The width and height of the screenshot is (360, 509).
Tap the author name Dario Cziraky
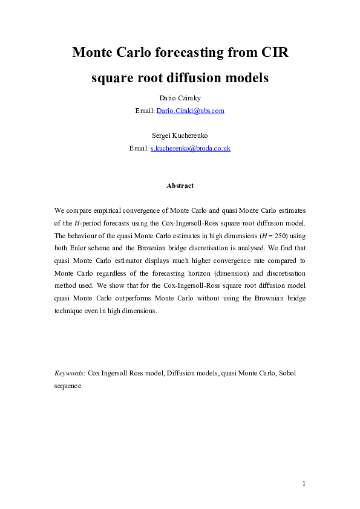click(x=180, y=99)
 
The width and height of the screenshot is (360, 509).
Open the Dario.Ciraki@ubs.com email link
click(x=191, y=111)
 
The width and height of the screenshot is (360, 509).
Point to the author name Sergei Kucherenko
click(x=180, y=136)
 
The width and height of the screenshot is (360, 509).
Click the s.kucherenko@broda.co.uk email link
click(x=190, y=148)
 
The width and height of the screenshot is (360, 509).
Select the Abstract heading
click(x=180, y=186)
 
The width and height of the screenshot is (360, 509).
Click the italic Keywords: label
click(x=70, y=374)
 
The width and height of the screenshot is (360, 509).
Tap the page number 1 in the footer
click(x=305, y=484)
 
